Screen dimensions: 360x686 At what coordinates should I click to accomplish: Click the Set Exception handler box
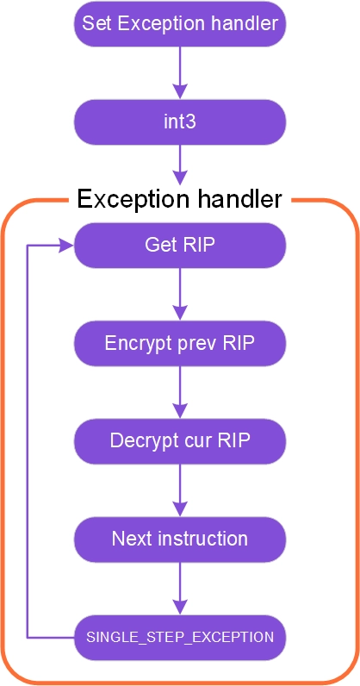pos(180,23)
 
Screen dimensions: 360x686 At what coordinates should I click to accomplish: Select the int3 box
pos(180,122)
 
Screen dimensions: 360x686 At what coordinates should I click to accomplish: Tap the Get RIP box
pos(180,245)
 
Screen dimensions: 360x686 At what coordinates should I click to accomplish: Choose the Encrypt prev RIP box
pos(180,344)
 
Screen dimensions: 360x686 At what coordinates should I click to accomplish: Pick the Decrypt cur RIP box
pos(180,441)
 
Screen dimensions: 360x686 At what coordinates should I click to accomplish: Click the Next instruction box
pos(180,539)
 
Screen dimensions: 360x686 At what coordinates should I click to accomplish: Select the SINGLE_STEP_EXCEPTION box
pos(180,638)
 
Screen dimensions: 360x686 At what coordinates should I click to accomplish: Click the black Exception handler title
pos(179,199)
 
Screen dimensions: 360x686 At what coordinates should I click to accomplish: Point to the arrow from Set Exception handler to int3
pos(180,72)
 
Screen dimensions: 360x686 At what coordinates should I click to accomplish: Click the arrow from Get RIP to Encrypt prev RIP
pos(180,294)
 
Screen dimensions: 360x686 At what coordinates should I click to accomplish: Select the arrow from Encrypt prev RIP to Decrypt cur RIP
pos(180,392)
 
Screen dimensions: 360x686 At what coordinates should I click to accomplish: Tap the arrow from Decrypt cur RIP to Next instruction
pos(180,490)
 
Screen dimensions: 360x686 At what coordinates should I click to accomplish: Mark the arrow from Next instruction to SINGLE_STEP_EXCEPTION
pos(180,589)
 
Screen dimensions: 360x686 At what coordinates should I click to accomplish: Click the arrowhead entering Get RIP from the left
pos(66,245)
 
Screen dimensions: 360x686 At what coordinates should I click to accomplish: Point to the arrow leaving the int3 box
pos(180,165)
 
